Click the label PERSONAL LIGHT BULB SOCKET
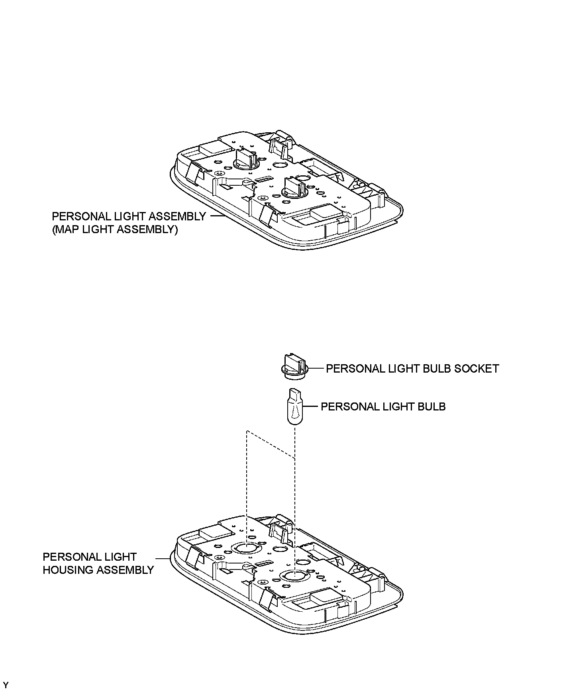point(412,369)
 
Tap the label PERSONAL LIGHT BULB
point(383,406)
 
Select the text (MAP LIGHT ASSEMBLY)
point(115,230)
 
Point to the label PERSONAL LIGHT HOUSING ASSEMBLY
point(98,563)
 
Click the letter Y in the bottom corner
point(5,685)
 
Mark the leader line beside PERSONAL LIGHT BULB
point(311,406)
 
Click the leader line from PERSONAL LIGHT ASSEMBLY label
point(217,216)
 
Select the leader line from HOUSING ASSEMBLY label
point(163,558)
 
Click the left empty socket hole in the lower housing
point(247,548)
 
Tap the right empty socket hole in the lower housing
point(294,575)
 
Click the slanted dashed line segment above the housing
point(271,445)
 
